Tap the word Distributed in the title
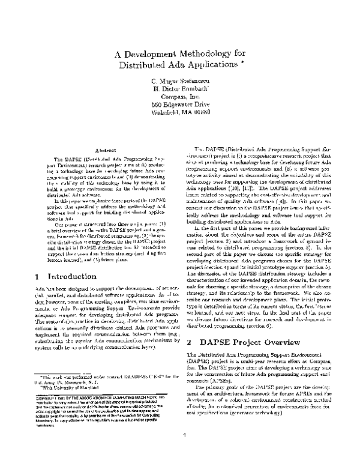(143, 64)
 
